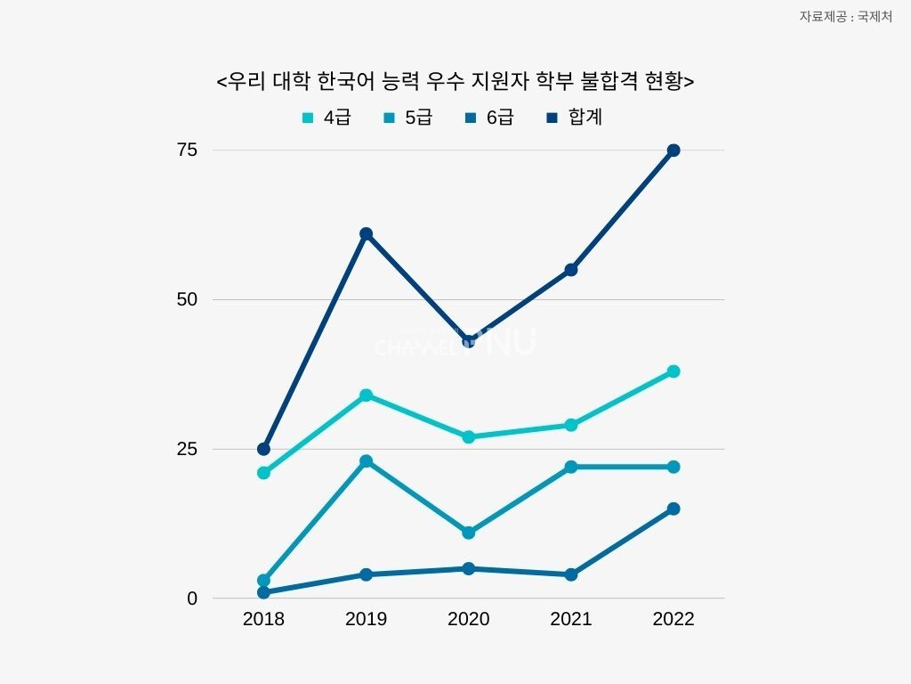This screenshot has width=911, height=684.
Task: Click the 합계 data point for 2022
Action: [673, 151]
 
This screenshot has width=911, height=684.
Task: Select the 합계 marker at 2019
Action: [366, 234]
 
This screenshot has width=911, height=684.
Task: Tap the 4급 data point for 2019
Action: [366, 395]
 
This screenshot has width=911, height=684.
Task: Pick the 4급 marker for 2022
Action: [673, 371]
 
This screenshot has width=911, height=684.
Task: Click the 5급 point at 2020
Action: [468, 533]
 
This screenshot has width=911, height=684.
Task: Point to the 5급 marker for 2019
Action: [366, 461]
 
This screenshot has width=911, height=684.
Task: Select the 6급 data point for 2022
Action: [673, 509]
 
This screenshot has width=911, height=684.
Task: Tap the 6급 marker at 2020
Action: [468, 568]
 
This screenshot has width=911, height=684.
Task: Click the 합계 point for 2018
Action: [263, 449]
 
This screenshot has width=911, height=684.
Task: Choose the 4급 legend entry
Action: [327, 117]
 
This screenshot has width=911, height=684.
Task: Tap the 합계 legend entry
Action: [575, 117]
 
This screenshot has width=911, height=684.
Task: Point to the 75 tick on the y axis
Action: [186, 150]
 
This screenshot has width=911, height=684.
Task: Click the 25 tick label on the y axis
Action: [186, 449]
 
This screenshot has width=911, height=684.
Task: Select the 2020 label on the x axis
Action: [468, 619]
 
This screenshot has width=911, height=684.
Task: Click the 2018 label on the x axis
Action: [263, 619]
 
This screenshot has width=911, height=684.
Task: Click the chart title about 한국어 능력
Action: [455, 81]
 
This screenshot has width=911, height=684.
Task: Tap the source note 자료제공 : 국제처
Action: [845, 16]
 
